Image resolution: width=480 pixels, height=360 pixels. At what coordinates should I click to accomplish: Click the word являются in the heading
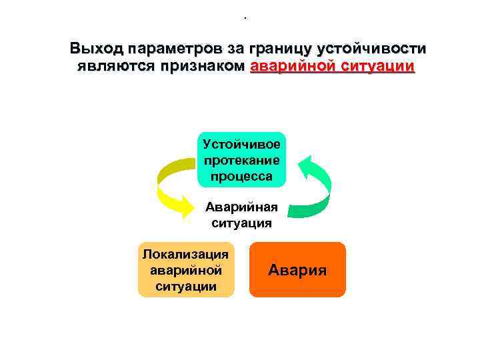point(115,67)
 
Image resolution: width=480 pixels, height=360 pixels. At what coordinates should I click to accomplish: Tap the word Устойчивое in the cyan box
point(241,145)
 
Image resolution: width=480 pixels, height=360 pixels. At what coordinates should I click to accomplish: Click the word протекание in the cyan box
point(241,161)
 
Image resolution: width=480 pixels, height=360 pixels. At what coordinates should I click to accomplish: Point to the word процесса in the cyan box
point(241,176)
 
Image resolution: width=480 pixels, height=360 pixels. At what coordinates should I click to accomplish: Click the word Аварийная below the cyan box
point(241,207)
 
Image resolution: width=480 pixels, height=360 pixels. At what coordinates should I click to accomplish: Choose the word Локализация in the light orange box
point(187,253)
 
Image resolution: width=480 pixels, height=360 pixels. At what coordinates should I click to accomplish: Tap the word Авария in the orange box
point(297,270)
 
